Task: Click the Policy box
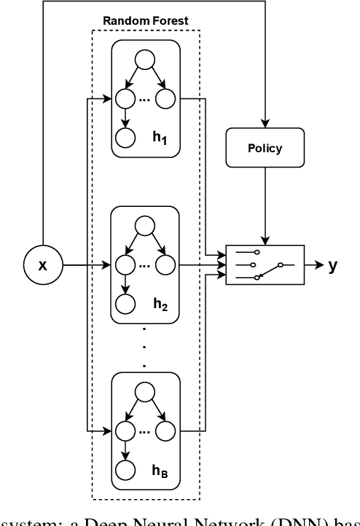pyautogui.click(x=265, y=148)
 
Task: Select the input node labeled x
pyautogui.click(x=42, y=265)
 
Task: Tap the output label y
pyautogui.click(x=332, y=265)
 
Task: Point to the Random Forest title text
pyautogui.click(x=145, y=21)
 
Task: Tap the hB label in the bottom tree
pyautogui.click(x=160, y=471)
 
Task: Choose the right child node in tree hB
pyautogui.click(x=166, y=431)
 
